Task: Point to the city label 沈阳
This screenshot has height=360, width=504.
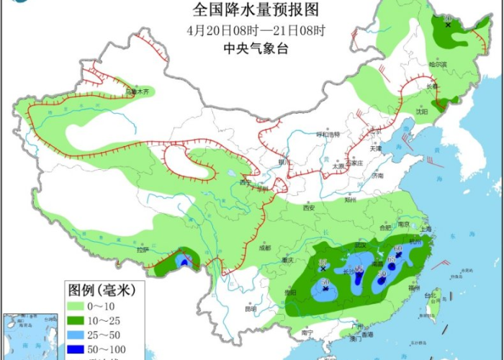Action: (x=420, y=112)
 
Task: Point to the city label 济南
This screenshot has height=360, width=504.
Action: (x=377, y=176)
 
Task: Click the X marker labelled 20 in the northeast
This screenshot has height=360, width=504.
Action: (x=448, y=24)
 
